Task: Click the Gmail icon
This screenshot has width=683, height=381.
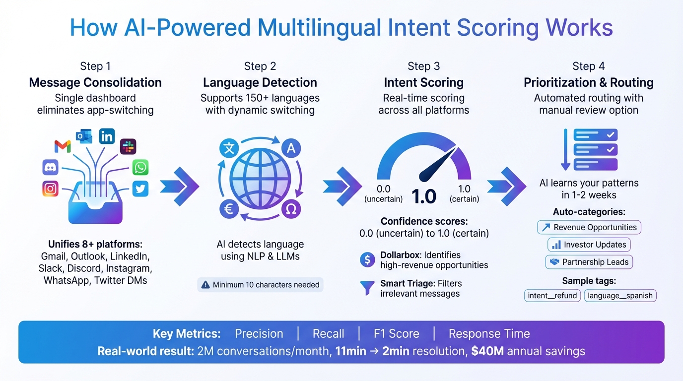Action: (63, 146)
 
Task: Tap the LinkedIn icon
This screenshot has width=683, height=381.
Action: (107, 136)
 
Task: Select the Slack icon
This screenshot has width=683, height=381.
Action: (128, 146)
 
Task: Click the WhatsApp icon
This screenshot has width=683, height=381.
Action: (140, 167)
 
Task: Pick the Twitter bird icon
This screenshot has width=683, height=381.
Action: (140, 189)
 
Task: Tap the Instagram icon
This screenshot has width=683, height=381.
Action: (50, 189)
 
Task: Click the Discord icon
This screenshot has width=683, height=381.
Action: (50, 167)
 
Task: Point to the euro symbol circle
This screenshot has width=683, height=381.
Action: (229, 209)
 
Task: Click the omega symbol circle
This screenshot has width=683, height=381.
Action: (291, 209)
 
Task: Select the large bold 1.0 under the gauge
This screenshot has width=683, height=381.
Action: (423, 197)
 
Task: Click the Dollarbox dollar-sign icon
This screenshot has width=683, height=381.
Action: (367, 259)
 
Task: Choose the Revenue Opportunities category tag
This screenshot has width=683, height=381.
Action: (589, 227)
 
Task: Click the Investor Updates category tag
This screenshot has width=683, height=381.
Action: (589, 245)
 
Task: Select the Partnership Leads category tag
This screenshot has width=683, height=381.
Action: (589, 262)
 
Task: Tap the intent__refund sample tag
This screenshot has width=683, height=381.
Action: (552, 296)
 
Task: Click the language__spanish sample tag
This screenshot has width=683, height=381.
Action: (620, 296)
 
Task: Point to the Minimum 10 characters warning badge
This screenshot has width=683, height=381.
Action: (261, 285)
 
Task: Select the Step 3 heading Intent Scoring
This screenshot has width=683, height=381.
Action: (423, 82)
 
